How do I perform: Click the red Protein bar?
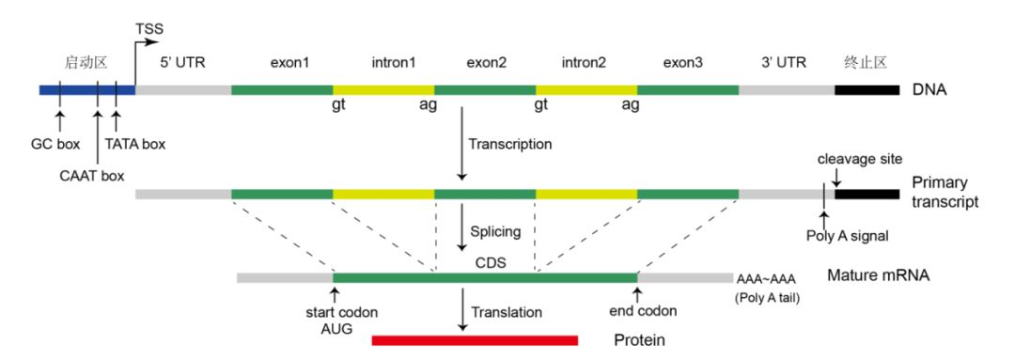475,339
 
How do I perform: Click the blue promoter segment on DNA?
86,90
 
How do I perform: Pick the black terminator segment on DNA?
866,90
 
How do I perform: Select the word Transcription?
511,145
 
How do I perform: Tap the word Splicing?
495,230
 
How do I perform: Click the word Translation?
507,310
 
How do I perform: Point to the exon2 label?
486,64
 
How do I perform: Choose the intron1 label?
384,64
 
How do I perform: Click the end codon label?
642,310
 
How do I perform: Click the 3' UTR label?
784,64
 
